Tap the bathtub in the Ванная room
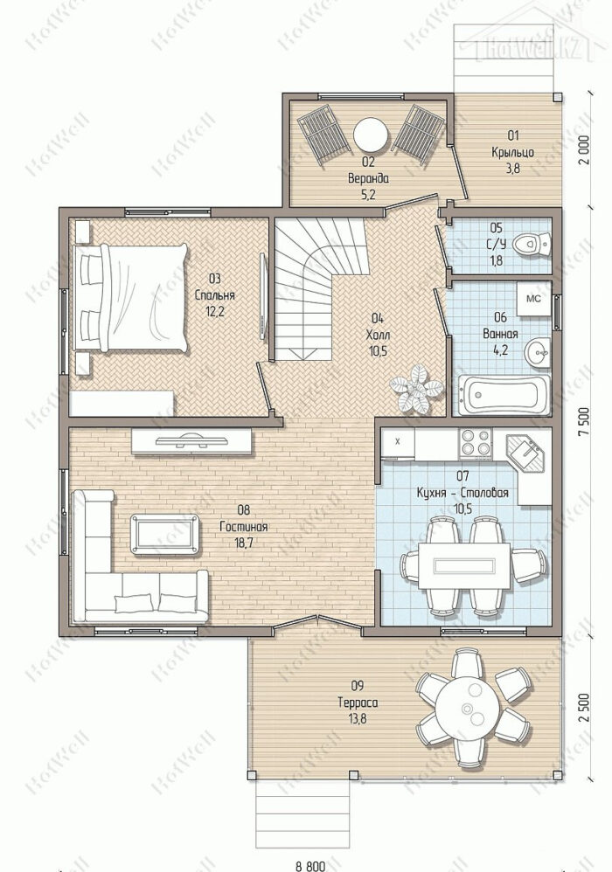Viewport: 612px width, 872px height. [x=504, y=395]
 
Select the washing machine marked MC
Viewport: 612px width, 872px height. [x=533, y=298]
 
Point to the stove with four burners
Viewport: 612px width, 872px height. [x=475, y=444]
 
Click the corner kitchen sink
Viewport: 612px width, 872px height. [x=527, y=453]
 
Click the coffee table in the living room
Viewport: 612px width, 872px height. [x=164, y=534]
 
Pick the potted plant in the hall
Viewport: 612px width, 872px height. [x=415, y=388]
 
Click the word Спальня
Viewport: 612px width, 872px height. [x=214, y=296]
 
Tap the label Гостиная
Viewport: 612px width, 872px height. [x=244, y=527]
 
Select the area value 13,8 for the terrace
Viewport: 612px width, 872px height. [x=358, y=718]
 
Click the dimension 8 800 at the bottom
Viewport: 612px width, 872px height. [x=310, y=866]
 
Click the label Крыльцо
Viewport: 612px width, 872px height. [x=512, y=152]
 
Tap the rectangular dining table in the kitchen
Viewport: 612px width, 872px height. [x=464, y=565]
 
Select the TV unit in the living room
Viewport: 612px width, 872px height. [x=192, y=441]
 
